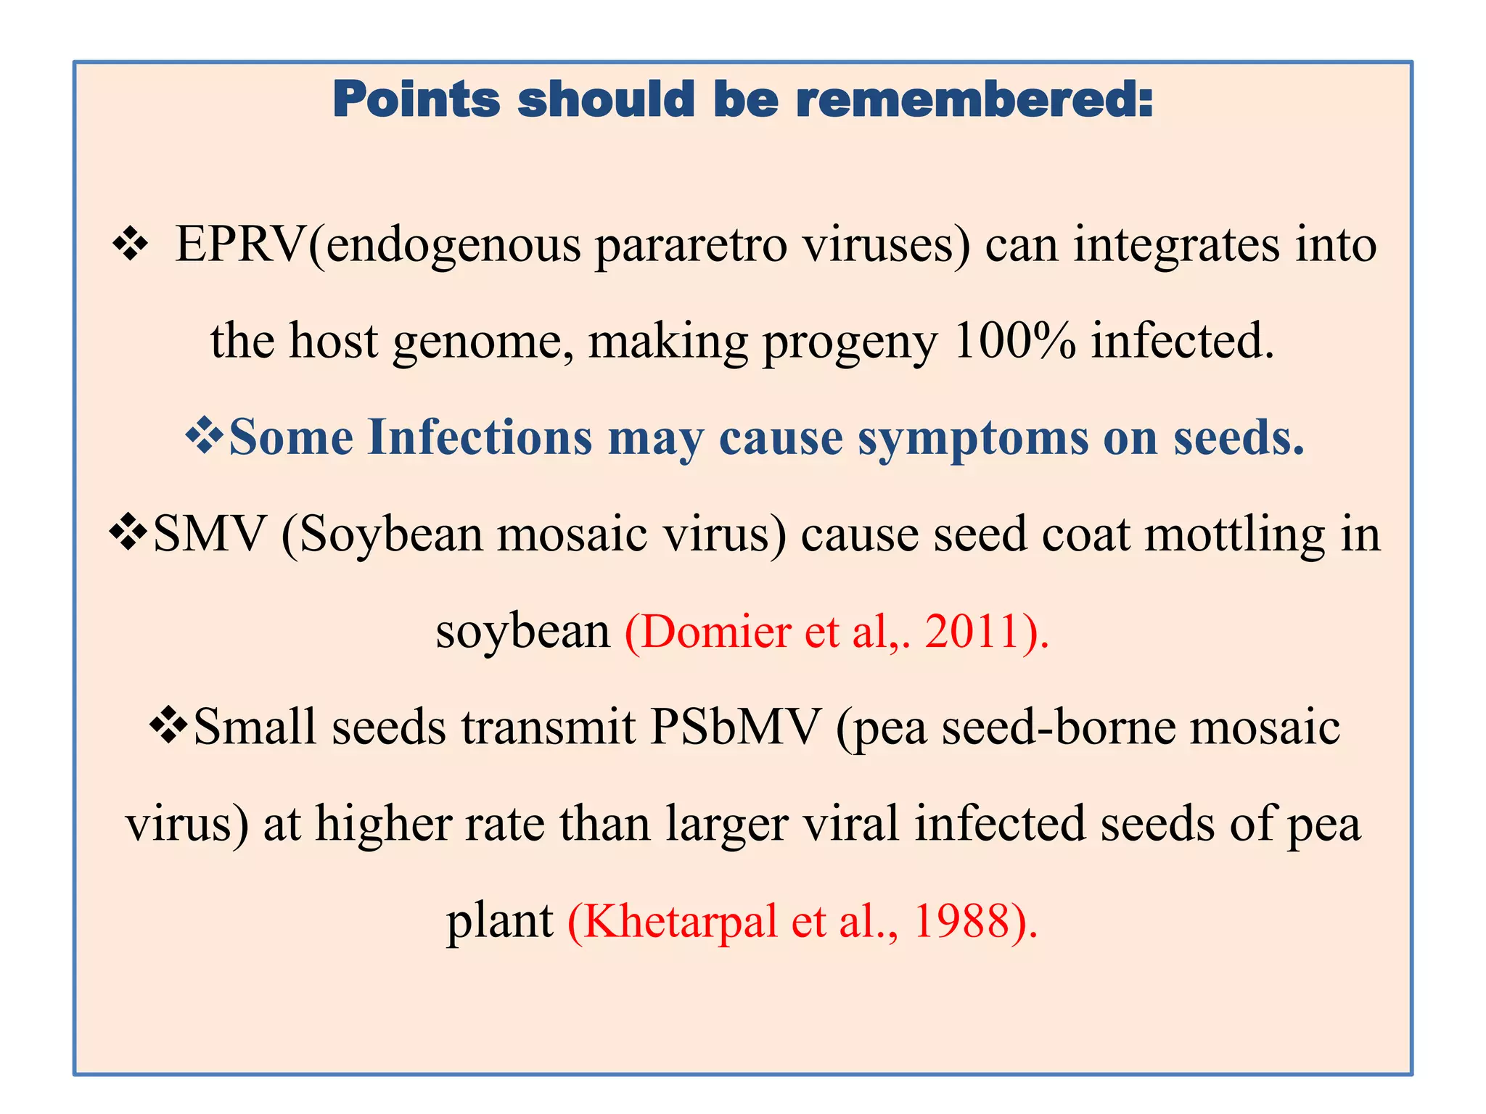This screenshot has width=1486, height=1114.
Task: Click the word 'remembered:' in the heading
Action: click(x=974, y=99)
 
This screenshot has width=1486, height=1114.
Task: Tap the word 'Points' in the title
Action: click(x=416, y=99)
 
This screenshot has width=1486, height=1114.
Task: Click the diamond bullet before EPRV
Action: click(x=131, y=244)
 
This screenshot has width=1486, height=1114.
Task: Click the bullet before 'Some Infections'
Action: click(x=205, y=437)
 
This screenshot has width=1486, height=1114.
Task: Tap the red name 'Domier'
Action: click(x=715, y=631)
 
